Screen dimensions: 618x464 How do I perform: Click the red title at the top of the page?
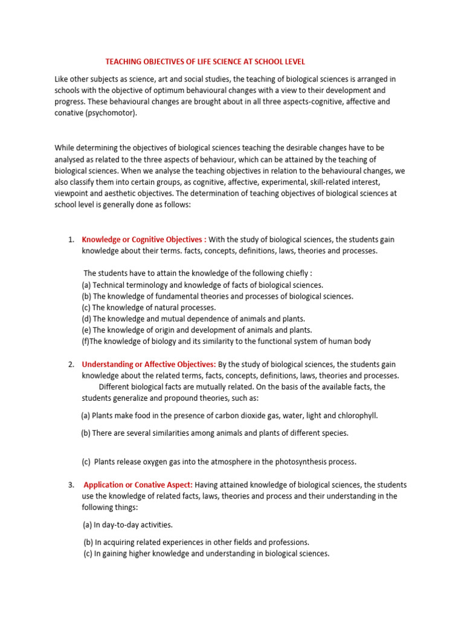(205, 62)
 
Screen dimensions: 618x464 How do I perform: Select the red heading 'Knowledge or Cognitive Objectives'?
(144, 240)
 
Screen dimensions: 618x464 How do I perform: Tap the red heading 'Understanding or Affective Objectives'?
(149, 365)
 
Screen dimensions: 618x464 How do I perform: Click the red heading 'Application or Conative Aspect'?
(138, 485)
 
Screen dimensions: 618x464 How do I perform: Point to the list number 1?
(71, 240)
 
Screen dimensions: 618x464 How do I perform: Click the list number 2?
(71, 365)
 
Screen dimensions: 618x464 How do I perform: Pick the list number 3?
(71, 485)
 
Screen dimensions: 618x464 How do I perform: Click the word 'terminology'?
(145, 285)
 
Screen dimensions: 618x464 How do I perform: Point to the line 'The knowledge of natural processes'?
(148, 307)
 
